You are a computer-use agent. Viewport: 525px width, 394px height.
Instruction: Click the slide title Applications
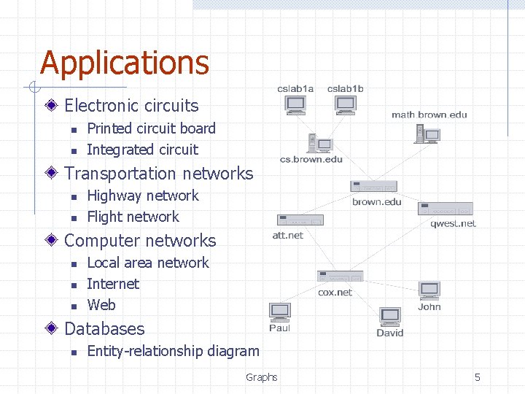click(x=125, y=63)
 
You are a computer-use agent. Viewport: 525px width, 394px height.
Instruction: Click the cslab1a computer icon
click(x=295, y=105)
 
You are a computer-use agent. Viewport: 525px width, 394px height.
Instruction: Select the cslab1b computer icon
click(x=345, y=105)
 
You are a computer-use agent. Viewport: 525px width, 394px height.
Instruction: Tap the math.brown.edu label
click(x=429, y=115)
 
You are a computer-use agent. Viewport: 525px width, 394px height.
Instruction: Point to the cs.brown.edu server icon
click(x=319, y=142)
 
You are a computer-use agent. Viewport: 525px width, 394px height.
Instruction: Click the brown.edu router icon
click(x=373, y=187)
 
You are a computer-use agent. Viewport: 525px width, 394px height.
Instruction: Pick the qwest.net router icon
click(x=445, y=209)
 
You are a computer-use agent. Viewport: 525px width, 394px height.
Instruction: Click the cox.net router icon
click(x=340, y=277)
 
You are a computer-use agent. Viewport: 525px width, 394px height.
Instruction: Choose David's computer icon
click(x=390, y=317)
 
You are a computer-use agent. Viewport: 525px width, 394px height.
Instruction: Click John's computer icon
click(x=429, y=290)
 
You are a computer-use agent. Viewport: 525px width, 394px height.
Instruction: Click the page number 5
click(x=478, y=377)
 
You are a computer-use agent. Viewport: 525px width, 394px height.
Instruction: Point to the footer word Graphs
click(x=261, y=377)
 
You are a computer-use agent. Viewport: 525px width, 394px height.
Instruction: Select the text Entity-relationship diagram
click(x=173, y=351)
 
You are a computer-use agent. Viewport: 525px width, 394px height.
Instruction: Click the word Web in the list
click(x=101, y=305)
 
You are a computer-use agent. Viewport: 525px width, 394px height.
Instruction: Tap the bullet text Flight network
click(x=133, y=217)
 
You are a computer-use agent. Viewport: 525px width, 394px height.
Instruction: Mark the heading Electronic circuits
click(x=131, y=106)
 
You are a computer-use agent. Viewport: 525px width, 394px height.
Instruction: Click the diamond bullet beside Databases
click(x=52, y=329)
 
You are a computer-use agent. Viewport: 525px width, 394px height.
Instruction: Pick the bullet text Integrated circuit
click(x=142, y=150)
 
